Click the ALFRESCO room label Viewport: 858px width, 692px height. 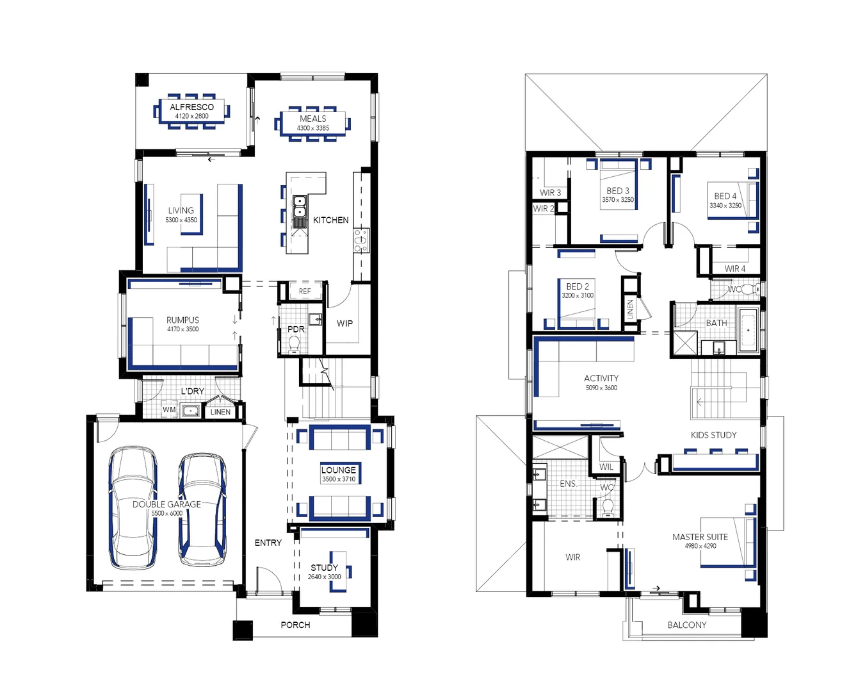click(x=192, y=107)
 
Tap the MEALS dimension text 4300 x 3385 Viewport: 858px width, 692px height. click(x=313, y=128)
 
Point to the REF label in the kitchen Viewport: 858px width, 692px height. click(x=305, y=292)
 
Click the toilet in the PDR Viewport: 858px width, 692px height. click(x=295, y=344)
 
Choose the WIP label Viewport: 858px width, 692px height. click(x=344, y=323)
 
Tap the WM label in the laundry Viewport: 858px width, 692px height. click(x=169, y=409)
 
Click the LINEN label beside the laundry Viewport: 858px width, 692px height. click(x=220, y=412)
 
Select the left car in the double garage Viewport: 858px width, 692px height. click(x=133, y=507)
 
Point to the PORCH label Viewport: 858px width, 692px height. click(x=295, y=625)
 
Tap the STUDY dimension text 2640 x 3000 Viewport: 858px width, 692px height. click(x=324, y=577)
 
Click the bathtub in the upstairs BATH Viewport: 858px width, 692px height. click(x=749, y=330)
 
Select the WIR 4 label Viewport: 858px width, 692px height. click(x=735, y=268)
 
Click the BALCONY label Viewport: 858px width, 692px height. click(x=687, y=625)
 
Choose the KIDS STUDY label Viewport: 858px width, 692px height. click(x=714, y=435)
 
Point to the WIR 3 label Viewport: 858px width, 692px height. click(x=550, y=193)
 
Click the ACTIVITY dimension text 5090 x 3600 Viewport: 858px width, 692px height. click(x=601, y=388)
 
